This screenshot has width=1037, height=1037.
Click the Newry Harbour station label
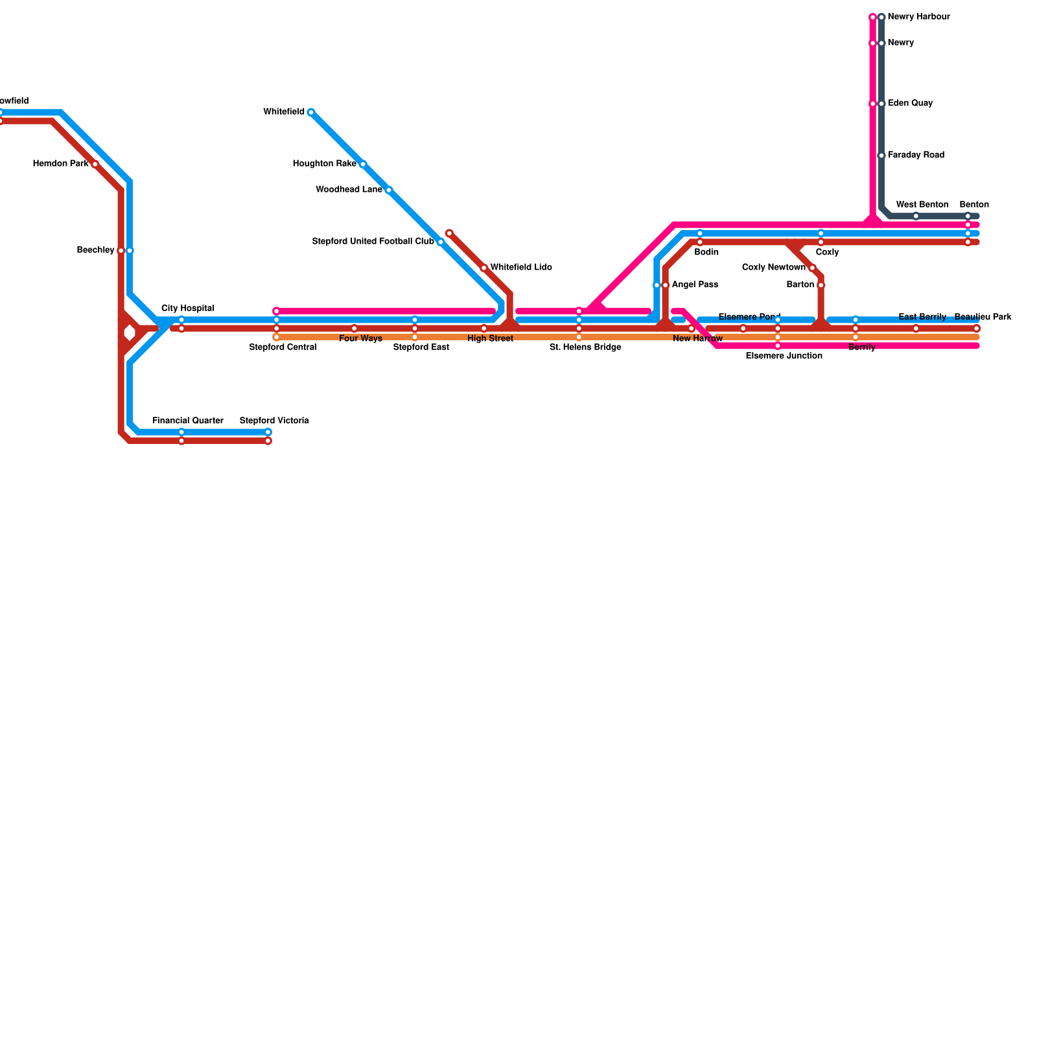click(918, 17)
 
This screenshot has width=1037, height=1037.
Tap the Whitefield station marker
click(311, 112)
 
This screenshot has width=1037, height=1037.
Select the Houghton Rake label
click(324, 164)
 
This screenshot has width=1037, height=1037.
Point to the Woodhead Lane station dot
click(388, 190)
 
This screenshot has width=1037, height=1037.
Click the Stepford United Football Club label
click(373, 242)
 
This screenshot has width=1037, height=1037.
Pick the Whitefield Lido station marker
click(484, 268)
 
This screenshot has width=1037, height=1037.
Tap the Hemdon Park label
click(60, 164)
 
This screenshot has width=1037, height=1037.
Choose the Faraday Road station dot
click(881, 156)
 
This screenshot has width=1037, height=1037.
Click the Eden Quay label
click(910, 104)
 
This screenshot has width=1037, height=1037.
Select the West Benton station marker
click(916, 216)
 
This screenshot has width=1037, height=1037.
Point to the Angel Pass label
click(695, 285)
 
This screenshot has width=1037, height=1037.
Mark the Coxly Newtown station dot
click(812, 268)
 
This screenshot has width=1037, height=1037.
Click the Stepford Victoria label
click(274, 421)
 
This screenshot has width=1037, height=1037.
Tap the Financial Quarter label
click(188, 421)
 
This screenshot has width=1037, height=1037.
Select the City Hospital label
click(187, 309)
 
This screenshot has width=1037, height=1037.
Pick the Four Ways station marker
click(354, 329)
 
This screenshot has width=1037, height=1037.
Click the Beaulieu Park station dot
click(977, 329)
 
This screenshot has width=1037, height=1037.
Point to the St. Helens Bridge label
click(585, 348)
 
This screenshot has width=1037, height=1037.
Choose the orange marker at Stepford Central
click(277, 337)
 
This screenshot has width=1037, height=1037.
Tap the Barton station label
click(800, 285)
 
